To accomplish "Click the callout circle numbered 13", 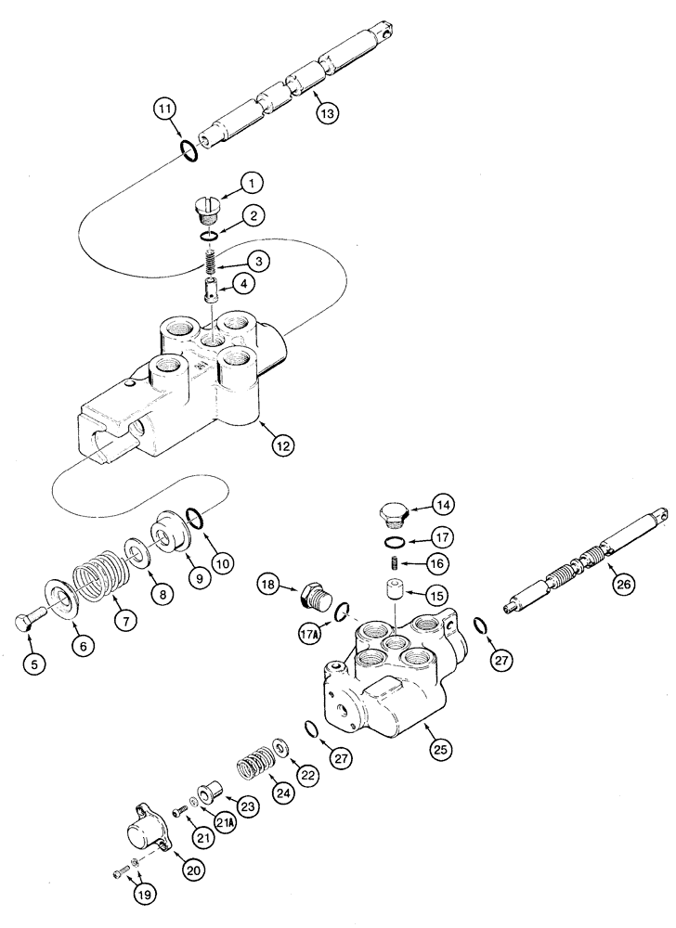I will pos(326,113).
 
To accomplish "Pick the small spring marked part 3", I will pos(213,264).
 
